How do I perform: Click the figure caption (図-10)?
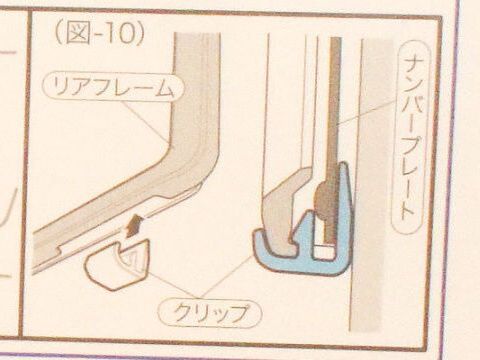tap(100, 33)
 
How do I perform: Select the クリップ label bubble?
tap(210, 313)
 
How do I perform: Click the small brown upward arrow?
tap(134, 225)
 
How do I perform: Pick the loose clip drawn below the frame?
tap(117, 263)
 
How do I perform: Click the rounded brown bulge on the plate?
tap(322, 200)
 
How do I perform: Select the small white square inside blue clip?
tap(324, 252)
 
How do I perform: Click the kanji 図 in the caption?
tap(77, 33)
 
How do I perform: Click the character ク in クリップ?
tap(183, 313)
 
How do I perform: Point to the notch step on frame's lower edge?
tap(59, 249)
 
